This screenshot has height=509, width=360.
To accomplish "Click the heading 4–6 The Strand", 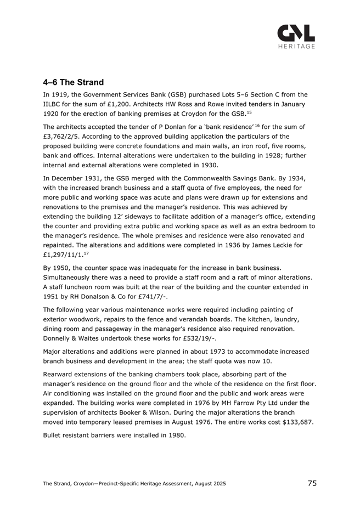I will pos(74,82).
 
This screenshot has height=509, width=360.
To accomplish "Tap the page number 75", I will pos(312,483).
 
